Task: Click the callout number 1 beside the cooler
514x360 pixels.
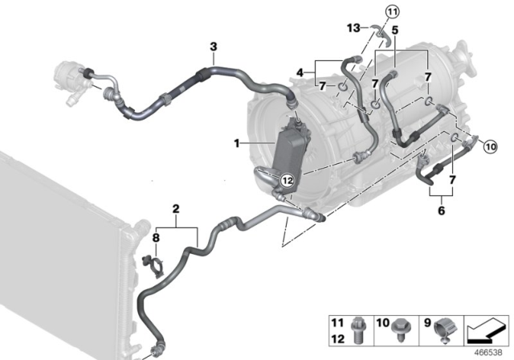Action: click(x=238, y=143)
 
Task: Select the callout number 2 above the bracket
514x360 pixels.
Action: click(x=175, y=211)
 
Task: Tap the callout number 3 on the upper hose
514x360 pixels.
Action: click(x=213, y=47)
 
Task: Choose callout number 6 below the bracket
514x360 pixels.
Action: click(x=440, y=211)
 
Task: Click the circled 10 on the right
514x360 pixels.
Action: click(x=491, y=146)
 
